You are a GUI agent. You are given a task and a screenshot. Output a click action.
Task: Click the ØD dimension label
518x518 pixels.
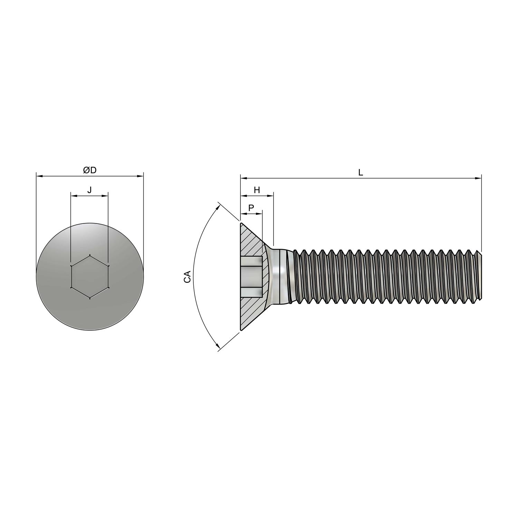click(89, 170)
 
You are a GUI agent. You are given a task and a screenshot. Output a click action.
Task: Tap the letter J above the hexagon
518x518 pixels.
click(89, 190)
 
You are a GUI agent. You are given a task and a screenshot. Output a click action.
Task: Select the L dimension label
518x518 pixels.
click(361, 173)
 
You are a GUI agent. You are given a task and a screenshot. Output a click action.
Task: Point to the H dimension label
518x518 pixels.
click(257, 190)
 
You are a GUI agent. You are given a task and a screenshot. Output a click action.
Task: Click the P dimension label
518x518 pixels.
click(251, 208)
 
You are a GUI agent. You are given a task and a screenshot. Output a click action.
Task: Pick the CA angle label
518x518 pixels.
click(187, 277)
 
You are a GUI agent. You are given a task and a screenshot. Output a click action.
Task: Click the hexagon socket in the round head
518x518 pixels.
click(90, 277)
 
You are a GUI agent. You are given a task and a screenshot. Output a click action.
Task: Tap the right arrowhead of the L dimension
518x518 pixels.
click(478, 178)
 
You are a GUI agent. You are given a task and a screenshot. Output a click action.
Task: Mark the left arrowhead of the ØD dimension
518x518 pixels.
click(39, 176)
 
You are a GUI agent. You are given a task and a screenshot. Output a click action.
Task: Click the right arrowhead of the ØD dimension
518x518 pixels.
click(140, 176)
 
